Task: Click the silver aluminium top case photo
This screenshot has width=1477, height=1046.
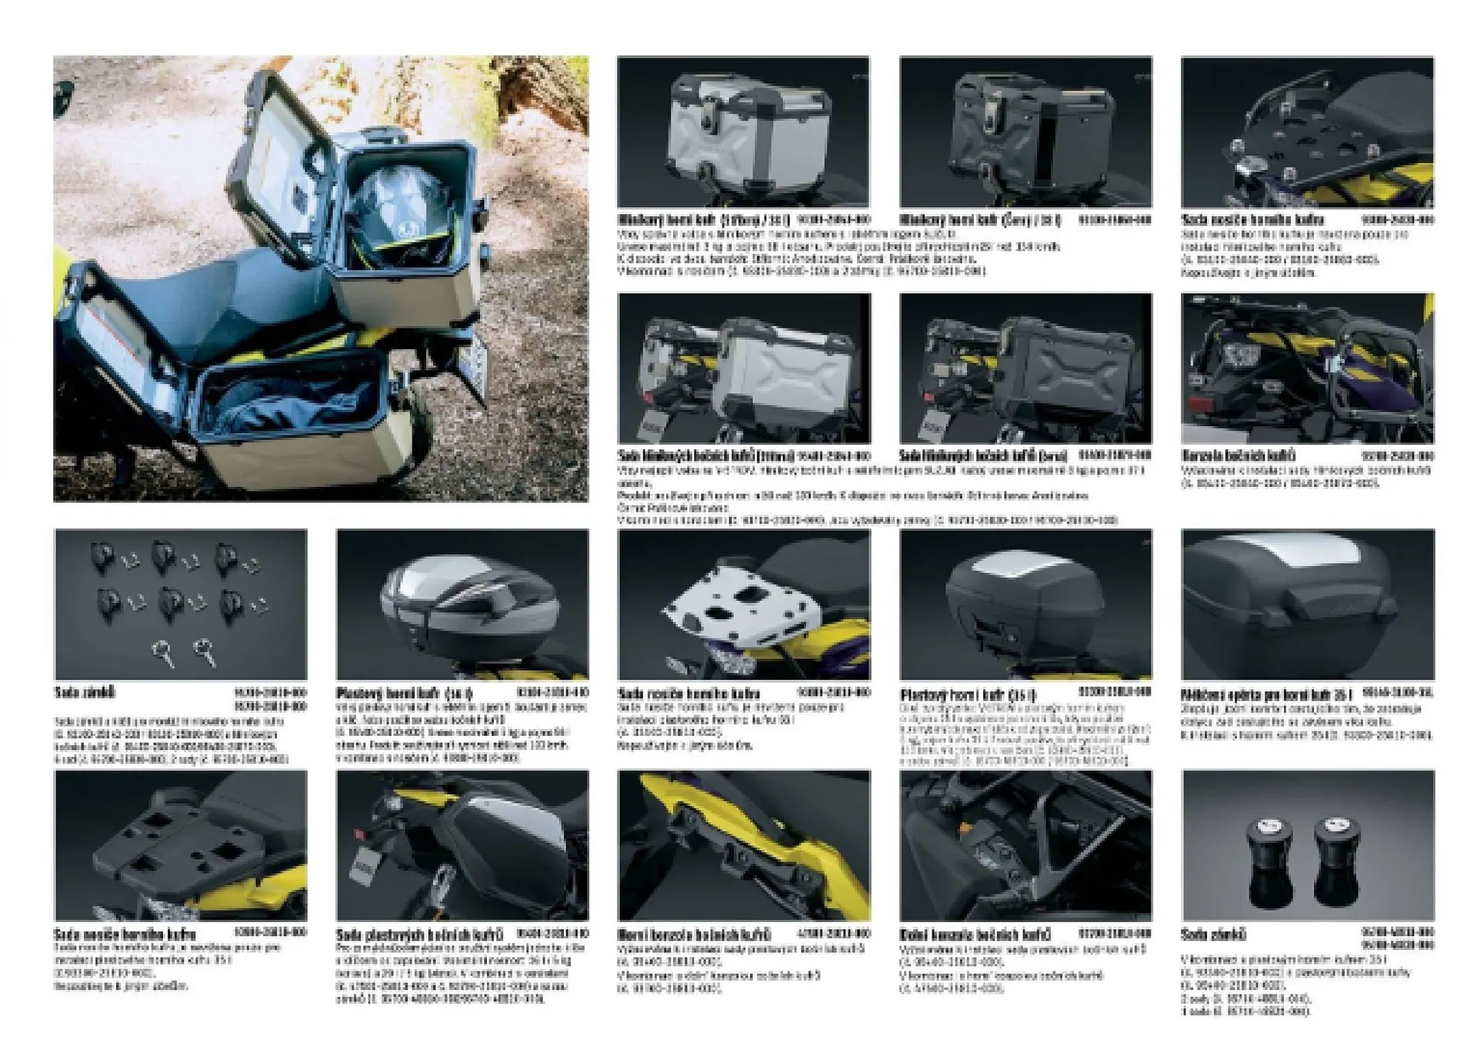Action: coord(750,135)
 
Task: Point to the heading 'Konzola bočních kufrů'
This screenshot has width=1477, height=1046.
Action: coord(1239,456)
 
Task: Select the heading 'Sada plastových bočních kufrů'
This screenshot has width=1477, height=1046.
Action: coord(419,934)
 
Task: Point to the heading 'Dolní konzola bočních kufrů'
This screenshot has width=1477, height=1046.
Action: coord(975,934)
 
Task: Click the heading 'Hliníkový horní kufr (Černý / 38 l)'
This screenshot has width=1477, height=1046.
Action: coord(980,221)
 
